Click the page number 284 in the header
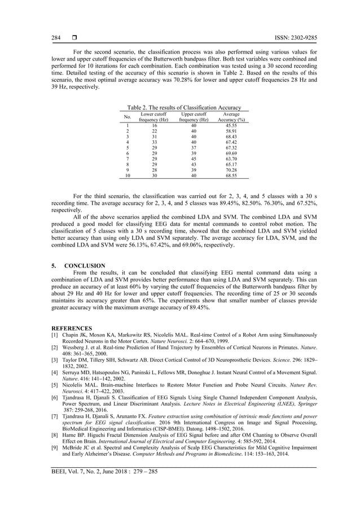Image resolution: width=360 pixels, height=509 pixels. coord(56,38)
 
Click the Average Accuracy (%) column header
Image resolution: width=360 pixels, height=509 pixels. coord(231,117)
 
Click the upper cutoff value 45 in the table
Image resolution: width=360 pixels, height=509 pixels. coord(194,159)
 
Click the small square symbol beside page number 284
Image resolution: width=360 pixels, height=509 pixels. coord(73,38)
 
